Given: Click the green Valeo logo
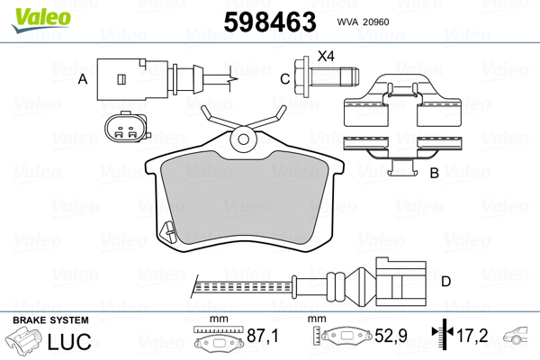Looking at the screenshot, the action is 41,19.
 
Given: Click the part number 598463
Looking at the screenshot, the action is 270,22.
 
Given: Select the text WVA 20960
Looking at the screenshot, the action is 363,22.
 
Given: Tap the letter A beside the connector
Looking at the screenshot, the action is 83,79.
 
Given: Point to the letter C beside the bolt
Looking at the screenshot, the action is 284,79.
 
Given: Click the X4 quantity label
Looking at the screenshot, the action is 326,56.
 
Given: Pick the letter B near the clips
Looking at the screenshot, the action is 435,173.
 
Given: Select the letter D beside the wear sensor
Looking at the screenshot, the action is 446,282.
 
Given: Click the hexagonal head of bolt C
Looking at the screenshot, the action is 301,77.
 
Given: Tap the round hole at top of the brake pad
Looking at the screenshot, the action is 244,139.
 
